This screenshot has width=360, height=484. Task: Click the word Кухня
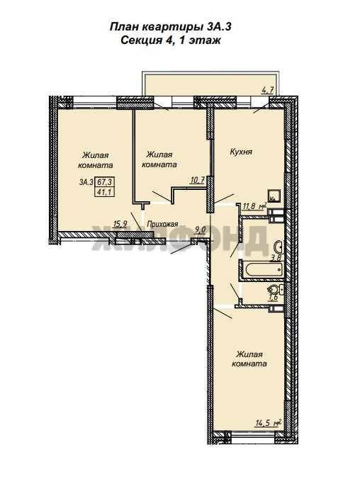(x=241, y=152)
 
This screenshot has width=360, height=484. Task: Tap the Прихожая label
(x=163, y=224)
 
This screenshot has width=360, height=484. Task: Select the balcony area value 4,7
(x=267, y=91)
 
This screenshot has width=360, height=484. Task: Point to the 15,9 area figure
(x=120, y=225)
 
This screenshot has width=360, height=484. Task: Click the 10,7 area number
(x=198, y=180)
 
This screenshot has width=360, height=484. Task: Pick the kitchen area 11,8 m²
(x=254, y=206)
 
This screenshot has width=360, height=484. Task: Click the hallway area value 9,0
(x=201, y=230)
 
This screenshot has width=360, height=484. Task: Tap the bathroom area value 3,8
(x=276, y=258)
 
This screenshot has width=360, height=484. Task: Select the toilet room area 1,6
(x=274, y=298)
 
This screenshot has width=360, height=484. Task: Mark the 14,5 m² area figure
(x=268, y=422)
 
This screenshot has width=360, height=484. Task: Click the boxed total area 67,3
(x=105, y=182)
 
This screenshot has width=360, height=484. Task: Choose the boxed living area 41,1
(x=105, y=191)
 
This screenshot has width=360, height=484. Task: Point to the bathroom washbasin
(x=279, y=247)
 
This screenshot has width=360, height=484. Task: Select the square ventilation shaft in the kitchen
(x=274, y=195)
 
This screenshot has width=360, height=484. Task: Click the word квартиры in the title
(x=171, y=28)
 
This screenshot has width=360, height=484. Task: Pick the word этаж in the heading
(x=204, y=40)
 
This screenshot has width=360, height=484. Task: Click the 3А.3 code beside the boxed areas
(x=86, y=182)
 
